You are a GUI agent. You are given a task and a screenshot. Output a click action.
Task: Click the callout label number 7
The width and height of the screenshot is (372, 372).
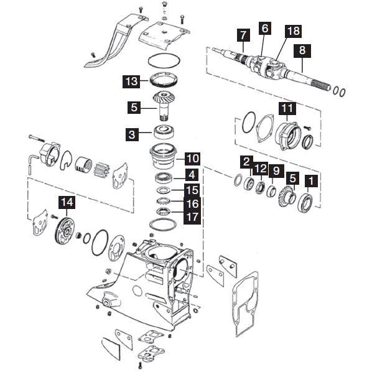point(243,35)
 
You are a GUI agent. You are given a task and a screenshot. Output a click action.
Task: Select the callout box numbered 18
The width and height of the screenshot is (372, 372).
point(292,31)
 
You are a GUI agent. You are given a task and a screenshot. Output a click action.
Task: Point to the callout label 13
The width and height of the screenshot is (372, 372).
point(131,81)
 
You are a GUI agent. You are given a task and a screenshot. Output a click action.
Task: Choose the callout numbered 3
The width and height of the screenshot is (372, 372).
point(131,133)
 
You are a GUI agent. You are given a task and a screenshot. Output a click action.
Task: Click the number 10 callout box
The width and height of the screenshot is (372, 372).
point(193,158)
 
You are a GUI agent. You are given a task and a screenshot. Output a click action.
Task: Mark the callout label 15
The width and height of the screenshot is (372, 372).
point(193,189)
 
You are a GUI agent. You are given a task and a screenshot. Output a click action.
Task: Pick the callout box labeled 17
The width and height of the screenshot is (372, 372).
point(193,216)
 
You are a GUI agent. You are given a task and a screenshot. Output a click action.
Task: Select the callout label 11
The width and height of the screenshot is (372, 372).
point(287,108)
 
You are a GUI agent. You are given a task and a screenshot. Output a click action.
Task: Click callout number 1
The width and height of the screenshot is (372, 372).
point(312,180)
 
